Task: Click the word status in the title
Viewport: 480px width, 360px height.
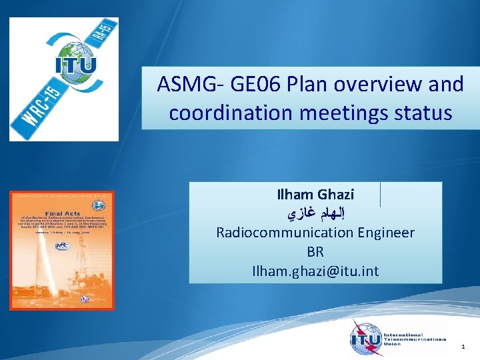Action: click(424, 113)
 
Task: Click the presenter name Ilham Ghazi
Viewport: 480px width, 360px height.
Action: click(315, 195)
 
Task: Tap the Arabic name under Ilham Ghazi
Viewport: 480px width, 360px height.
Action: click(315, 214)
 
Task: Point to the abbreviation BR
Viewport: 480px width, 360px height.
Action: click(315, 252)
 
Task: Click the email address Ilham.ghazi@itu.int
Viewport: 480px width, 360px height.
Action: click(315, 271)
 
